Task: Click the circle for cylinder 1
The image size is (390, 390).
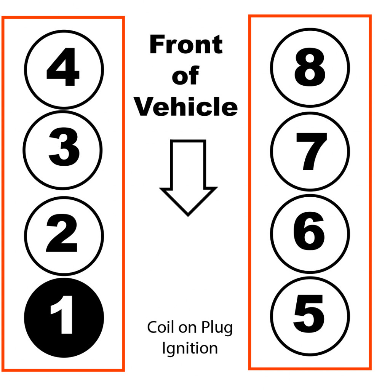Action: pos(64,318)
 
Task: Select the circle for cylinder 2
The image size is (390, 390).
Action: pos(64,235)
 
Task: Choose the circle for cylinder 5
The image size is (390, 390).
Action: pos(310,316)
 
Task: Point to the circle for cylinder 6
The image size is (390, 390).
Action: pos(310,233)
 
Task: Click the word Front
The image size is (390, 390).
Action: pos(186,45)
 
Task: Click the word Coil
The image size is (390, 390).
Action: pos(158,328)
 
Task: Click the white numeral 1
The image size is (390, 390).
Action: pos(63,318)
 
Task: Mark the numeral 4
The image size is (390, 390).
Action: pos(63,69)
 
